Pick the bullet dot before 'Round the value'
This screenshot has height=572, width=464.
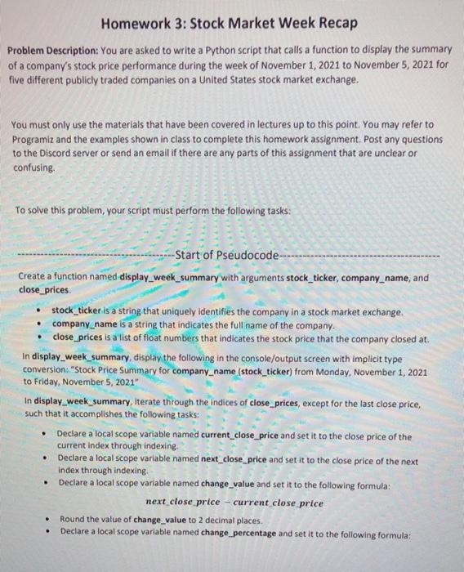point(50,518)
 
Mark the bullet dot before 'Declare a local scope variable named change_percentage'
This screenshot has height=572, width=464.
point(50,531)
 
